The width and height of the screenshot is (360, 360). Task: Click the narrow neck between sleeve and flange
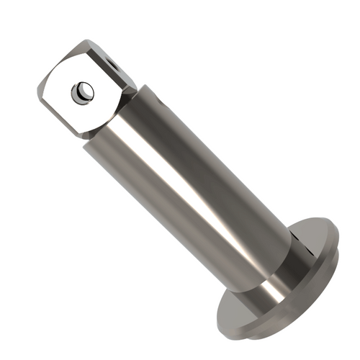[x=277, y=277]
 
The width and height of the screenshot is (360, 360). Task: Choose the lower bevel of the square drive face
[x=79, y=130]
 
